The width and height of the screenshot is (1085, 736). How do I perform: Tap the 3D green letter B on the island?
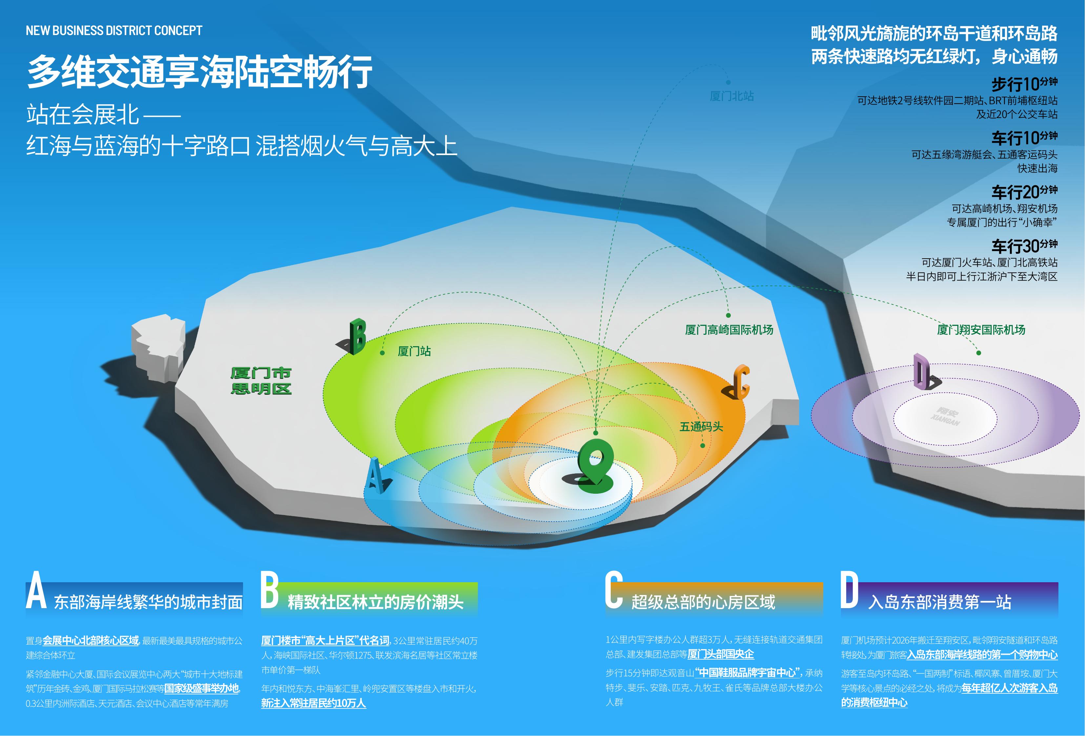pos(357,336)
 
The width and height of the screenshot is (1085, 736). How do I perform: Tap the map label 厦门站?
pos(414,351)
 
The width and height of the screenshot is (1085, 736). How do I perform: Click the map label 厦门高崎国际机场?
pos(729,330)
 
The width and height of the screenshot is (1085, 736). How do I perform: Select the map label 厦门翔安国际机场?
pos(981,329)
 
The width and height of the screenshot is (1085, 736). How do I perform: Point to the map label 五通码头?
pos(701,427)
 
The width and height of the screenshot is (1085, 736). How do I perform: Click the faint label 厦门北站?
pos(731,96)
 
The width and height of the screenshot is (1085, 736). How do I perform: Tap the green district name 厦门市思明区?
pos(261,381)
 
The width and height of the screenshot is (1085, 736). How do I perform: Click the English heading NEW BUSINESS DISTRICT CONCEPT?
pos(114,31)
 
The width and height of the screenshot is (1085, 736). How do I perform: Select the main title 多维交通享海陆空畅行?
pos(200,71)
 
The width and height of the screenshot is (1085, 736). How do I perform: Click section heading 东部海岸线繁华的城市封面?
pos(149,602)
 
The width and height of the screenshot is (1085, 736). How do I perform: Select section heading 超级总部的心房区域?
pos(703,602)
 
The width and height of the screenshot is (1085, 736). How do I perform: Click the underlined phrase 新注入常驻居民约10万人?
pos(313,703)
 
